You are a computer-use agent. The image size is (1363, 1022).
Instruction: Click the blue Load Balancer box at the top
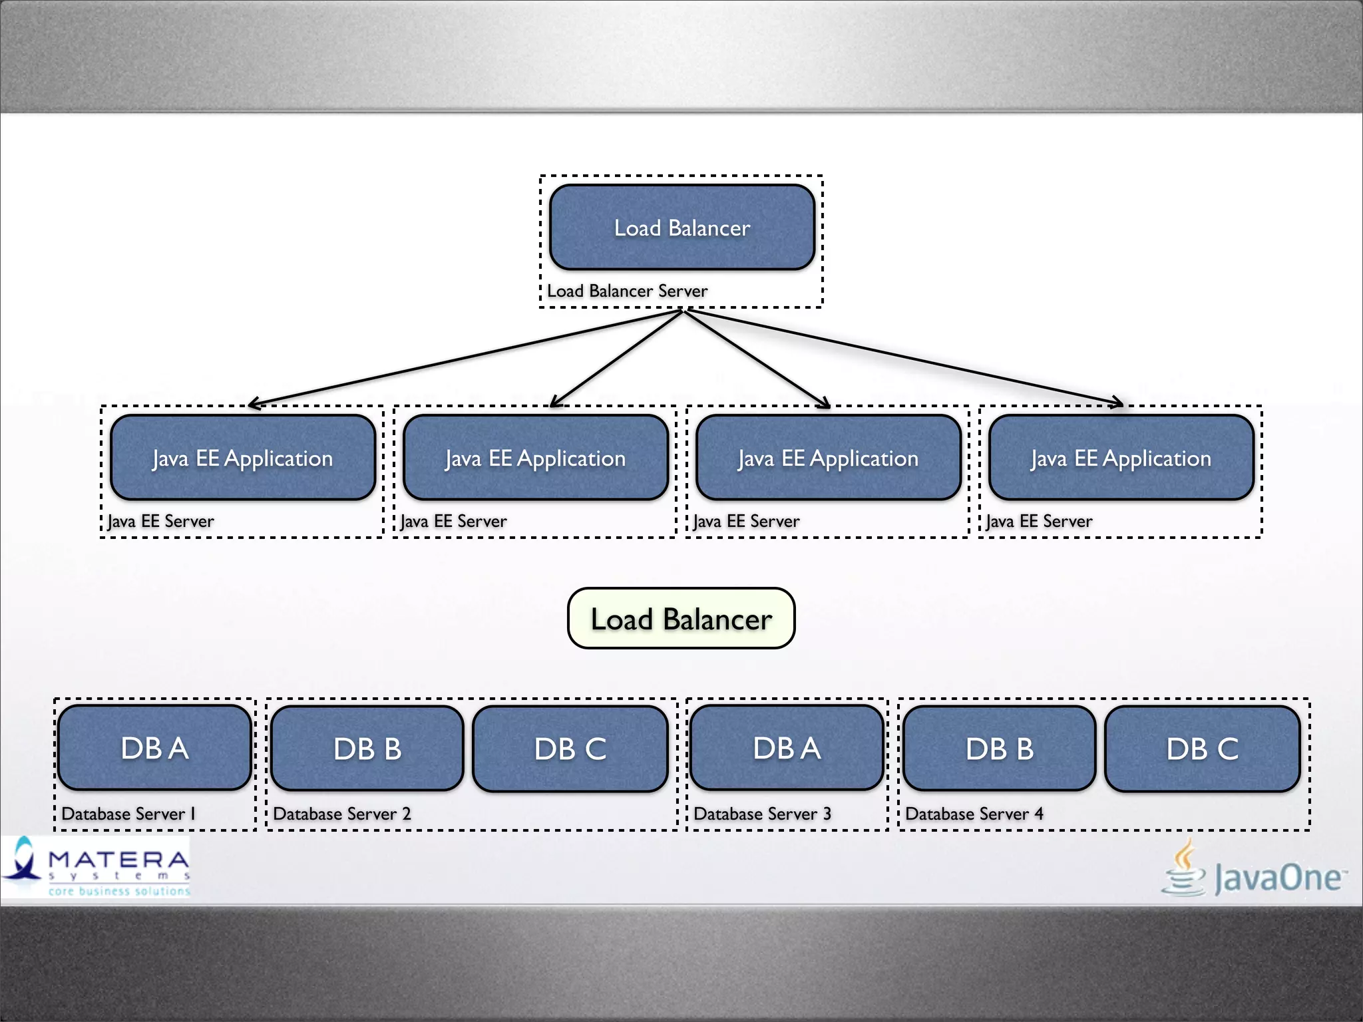coord(682,228)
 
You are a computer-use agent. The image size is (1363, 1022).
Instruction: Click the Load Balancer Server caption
coord(627,291)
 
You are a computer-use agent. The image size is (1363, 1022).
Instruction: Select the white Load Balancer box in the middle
coord(681,619)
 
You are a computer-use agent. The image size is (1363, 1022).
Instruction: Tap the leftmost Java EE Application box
coord(242,458)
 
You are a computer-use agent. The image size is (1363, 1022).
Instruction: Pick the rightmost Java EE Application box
coord(1121,458)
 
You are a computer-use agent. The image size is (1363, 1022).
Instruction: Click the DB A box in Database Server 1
coord(154,748)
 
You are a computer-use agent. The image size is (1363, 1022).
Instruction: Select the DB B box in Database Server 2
coord(367,749)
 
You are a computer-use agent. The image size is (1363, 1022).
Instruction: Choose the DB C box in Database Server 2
coord(570,749)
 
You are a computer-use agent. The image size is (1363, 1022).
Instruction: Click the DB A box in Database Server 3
coord(787,748)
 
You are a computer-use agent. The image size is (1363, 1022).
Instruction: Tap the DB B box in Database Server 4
coord(1000,749)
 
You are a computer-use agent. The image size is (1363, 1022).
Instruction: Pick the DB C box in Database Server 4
coord(1202,749)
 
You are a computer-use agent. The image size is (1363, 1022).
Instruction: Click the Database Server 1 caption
coord(128,814)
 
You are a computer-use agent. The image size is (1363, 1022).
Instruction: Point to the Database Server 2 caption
coord(341,814)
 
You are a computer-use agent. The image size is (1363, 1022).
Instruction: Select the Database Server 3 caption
coord(762,814)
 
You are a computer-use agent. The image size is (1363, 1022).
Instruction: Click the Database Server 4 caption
coord(974,814)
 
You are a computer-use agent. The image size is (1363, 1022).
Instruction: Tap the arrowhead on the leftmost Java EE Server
coord(253,403)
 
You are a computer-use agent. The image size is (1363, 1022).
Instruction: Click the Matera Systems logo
coord(97,867)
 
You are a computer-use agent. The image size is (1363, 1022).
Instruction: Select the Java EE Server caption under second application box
coord(453,521)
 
